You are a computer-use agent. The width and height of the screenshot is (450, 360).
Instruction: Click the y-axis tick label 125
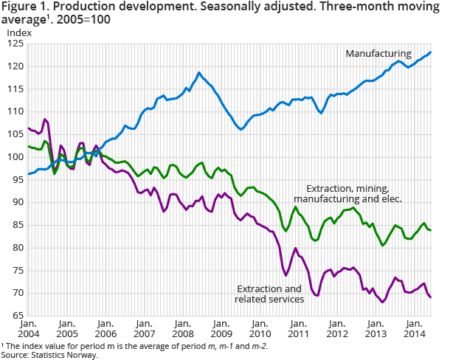coord(14,44)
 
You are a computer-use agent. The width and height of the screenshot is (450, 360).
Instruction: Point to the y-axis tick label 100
coord(14,157)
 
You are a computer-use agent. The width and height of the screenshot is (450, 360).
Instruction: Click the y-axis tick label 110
coord(14,111)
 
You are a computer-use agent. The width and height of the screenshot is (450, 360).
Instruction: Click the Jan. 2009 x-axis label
coord(219,329)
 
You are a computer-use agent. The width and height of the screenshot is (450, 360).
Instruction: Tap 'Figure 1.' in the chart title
coord(24,7)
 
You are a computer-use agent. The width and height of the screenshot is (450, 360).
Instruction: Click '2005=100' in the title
coord(90,21)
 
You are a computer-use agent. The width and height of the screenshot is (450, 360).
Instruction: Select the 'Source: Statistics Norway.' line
coord(49,355)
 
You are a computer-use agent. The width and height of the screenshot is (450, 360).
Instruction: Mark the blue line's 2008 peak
coord(199,72)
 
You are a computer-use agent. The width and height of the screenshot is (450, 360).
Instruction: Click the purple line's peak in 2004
coord(45,119)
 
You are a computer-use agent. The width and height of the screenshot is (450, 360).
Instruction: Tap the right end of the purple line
coord(431,297)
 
